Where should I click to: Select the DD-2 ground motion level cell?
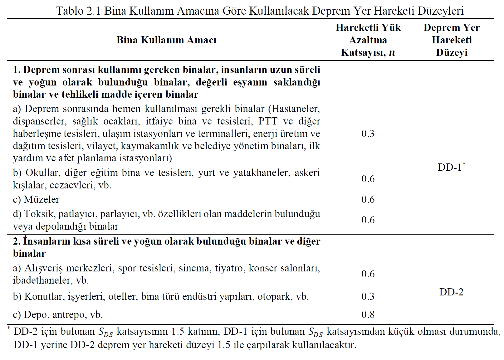451,292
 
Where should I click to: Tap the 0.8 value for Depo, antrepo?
368,314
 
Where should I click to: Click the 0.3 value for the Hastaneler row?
368,134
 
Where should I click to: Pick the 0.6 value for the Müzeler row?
368,199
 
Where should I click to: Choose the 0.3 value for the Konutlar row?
368,296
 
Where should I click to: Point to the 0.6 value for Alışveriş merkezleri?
368,274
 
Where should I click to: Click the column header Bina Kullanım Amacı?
166,40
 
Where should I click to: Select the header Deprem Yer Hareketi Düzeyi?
452,40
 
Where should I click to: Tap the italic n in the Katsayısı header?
392,52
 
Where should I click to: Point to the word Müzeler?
42,199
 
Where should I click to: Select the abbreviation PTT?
268,121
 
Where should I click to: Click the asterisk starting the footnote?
9,327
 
